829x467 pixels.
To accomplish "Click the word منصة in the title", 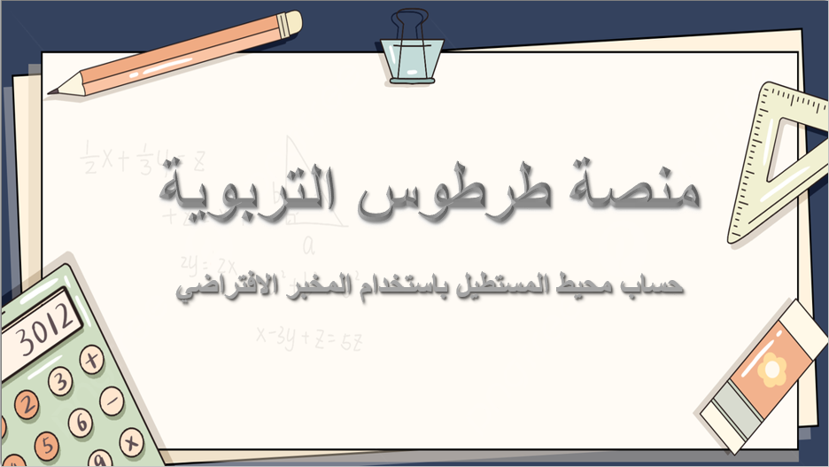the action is coord(636,186).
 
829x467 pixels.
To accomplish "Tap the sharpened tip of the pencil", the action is coord(50,93).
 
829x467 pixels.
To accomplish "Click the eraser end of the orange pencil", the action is coord(292,22).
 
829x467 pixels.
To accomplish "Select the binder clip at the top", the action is coord(411,48).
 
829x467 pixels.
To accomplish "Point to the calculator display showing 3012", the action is coord(42,334).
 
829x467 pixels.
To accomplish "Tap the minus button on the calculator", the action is coord(112,401).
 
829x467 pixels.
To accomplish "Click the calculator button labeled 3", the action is coord(61,381).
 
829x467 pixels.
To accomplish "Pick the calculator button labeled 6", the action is coord(81,422).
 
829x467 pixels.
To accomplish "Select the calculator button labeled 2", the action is coord(27,405).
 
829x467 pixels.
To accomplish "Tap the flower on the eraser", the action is coord(771,368).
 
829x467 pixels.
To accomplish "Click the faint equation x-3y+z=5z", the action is coord(309,339).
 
